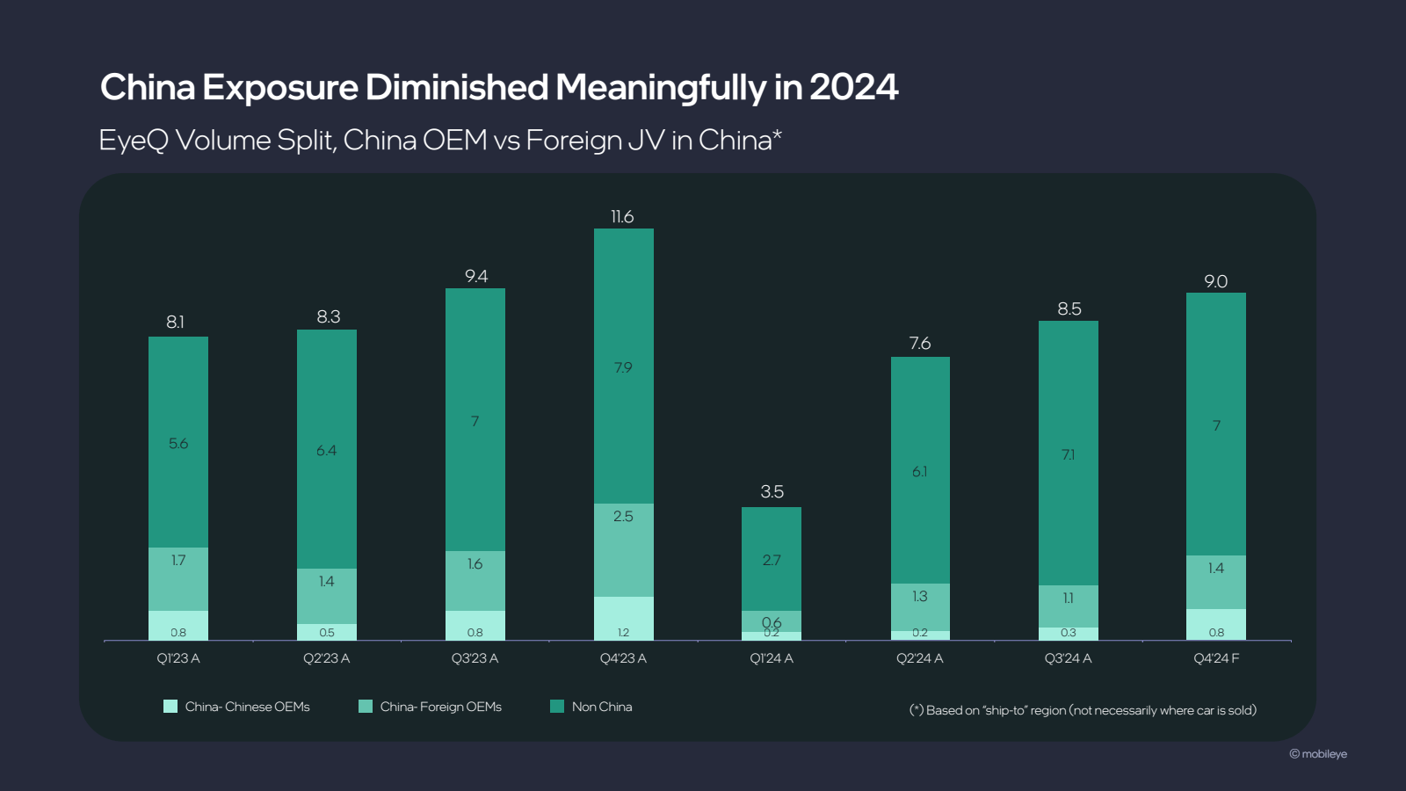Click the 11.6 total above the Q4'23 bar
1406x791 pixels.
622,217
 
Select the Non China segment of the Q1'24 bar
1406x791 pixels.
772,559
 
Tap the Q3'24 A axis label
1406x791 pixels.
1068,658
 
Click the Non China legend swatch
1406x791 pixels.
556,707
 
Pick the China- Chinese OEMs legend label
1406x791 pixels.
247,707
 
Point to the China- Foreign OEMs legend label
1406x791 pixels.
440,707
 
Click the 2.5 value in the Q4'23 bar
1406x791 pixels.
623,517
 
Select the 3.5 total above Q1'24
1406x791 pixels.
772,492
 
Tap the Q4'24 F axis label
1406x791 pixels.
1216,658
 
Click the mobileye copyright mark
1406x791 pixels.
1318,754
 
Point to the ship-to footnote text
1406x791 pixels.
1083,710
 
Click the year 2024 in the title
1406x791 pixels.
853,88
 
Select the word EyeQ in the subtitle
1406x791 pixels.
133,141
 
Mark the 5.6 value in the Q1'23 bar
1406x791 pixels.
178,444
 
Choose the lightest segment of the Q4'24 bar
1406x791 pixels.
1216,625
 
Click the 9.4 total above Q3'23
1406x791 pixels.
475,277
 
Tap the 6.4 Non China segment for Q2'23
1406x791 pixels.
326,450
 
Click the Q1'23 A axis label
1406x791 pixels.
178,658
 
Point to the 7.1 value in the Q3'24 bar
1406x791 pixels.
1068,454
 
